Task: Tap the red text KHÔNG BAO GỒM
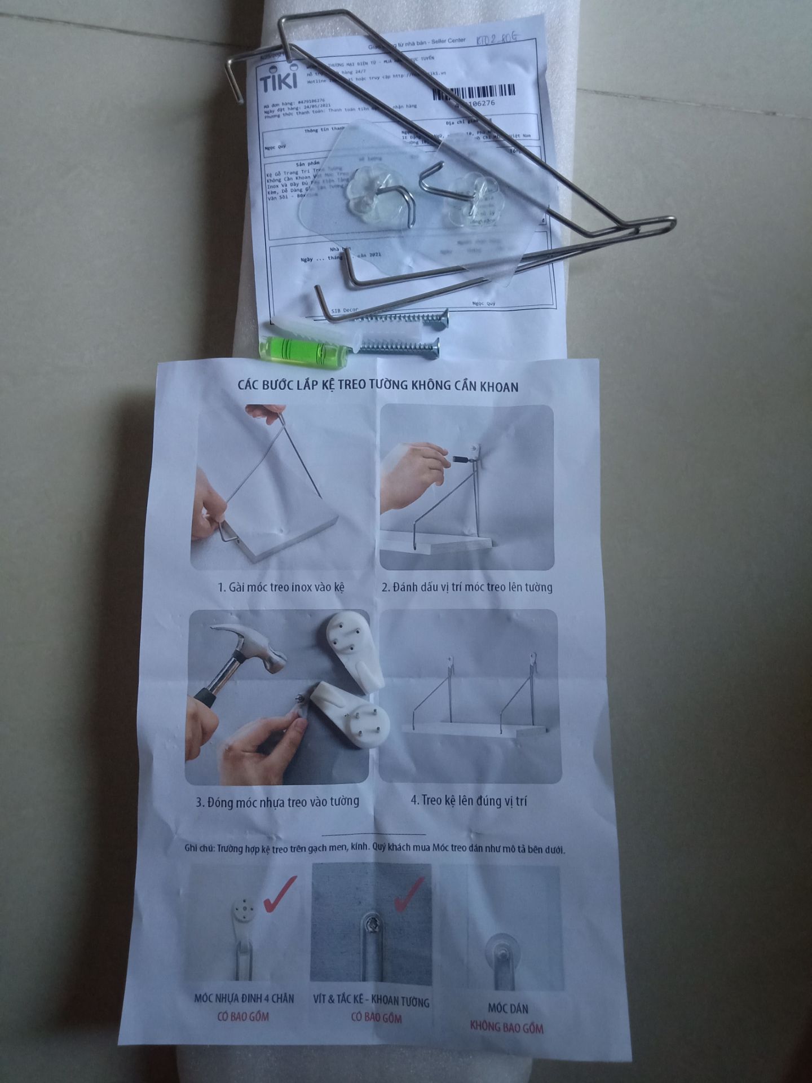click(507, 1027)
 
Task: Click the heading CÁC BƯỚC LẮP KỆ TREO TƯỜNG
click(378, 386)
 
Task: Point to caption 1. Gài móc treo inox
click(281, 587)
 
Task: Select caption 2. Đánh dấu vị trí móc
click(467, 587)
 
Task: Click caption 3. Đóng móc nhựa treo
click(277, 802)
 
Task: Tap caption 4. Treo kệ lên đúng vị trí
click(469, 800)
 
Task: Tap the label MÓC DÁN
click(507, 1008)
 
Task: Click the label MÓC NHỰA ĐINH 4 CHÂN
click(244, 998)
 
